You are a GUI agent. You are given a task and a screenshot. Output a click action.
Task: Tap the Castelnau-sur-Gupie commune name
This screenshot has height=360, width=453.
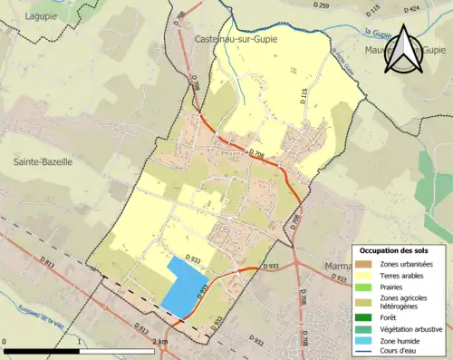pos(236,40)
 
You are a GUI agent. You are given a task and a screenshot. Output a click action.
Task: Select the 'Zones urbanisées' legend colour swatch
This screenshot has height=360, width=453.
pos(364,264)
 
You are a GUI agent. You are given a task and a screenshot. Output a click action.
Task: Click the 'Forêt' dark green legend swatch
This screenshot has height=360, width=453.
pos(364,316)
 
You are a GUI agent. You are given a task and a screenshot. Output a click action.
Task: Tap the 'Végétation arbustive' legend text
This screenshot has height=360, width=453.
pos(411,328)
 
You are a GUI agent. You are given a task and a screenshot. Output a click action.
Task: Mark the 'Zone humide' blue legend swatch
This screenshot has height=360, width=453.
pos(364,340)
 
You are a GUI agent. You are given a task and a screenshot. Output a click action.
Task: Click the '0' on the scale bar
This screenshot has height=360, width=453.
pos(6,343)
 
